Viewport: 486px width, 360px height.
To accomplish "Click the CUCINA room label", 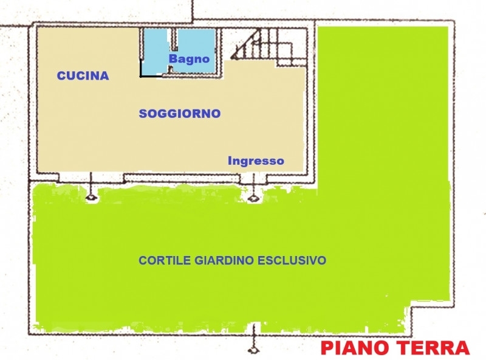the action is (83, 76).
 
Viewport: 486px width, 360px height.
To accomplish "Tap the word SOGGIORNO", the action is (180, 114).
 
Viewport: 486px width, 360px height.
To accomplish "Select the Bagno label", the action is (189, 58).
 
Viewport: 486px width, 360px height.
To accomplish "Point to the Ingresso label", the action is (256, 161).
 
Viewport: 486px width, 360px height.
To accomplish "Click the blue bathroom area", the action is (195, 43).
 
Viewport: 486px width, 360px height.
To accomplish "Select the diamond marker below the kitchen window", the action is (91, 198).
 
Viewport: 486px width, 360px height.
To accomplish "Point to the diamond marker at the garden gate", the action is (254, 350).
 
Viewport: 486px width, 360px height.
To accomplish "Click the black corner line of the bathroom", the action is (146, 72).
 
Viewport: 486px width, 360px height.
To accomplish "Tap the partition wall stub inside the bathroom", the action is (174, 40).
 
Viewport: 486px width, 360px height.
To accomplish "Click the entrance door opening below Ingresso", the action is (253, 178).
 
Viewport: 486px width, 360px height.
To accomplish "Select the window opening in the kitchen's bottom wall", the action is (91, 178).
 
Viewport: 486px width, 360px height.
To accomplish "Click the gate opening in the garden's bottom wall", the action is (254, 329).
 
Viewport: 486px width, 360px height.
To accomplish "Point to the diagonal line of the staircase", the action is (245, 43).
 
